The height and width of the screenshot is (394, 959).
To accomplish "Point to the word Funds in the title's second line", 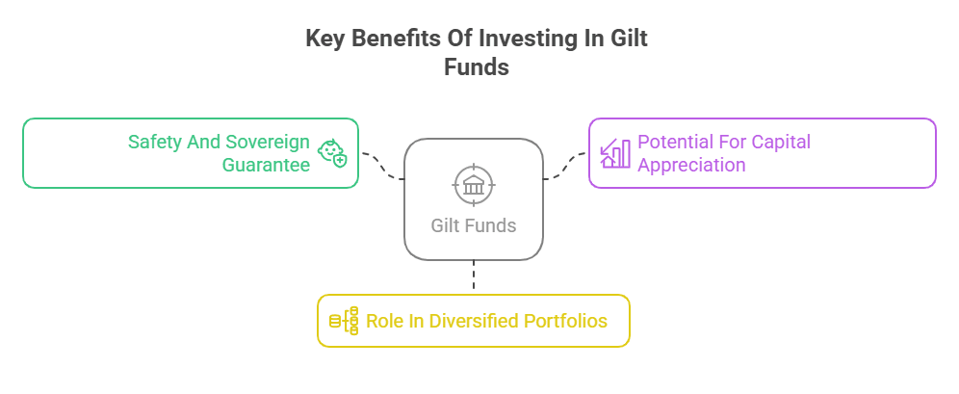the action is [x=477, y=66].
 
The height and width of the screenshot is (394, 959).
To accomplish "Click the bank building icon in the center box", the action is [x=474, y=184].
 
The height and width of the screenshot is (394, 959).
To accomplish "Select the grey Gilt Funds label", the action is [x=474, y=225].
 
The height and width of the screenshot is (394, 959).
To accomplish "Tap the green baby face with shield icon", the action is [x=332, y=153].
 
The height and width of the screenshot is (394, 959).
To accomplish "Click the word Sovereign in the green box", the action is [x=268, y=142].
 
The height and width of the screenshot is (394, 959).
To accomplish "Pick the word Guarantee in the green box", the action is [x=266, y=165].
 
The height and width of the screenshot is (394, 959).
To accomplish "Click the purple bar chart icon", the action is [x=614, y=153].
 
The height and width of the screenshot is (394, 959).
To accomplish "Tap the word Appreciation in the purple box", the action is [x=691, y=165].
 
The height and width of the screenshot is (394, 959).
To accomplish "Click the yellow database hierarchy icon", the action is [x=345, y=321].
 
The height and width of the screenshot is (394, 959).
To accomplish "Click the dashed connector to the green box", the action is [x=383, y=164].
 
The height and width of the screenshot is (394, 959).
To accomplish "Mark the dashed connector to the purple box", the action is [x=564, y=165].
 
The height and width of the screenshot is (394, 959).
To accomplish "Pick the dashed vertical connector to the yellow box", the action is [x=474, y=276].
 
